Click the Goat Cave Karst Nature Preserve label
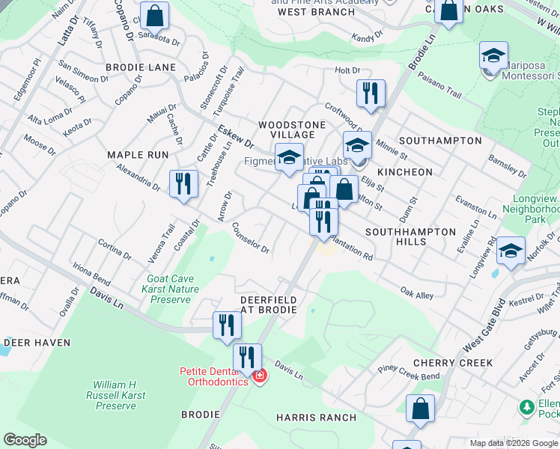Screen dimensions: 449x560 tap(173, 289)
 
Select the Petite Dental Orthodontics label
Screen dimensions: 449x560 tap(213, 376)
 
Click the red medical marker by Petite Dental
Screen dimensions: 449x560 tap(259, 375)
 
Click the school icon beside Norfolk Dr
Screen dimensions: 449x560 tap(511, 251)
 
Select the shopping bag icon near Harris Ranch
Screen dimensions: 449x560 tap(420, 409)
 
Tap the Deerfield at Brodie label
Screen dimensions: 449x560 tap(268, 305)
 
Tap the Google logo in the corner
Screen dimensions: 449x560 tap(25, 440)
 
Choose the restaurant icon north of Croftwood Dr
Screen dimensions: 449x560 tap(370, 93)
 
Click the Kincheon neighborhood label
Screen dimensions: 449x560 tap(405, 172)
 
